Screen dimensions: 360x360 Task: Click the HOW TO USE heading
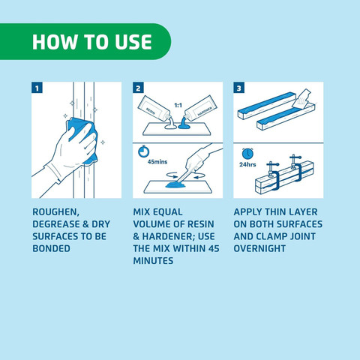point(92,42)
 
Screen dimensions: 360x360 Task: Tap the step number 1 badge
point(37,88)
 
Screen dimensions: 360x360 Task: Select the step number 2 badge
point(138,88)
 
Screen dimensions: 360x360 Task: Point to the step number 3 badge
point(239,88)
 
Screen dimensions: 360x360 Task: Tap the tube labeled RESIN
point(154,109)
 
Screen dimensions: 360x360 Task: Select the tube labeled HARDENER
point(201,109)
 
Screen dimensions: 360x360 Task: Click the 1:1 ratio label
point(178,106)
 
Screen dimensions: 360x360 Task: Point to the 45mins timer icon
point(144,151)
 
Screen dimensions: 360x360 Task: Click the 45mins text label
point(157,162)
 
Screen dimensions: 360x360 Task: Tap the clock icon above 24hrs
point(247,154)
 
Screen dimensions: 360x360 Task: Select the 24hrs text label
point(247,164)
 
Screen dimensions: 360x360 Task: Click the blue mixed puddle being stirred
point(175,185)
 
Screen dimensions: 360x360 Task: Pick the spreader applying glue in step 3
point(303,100)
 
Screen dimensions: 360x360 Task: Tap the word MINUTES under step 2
point(153,261)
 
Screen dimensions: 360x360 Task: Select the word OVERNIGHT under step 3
point(259,248)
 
